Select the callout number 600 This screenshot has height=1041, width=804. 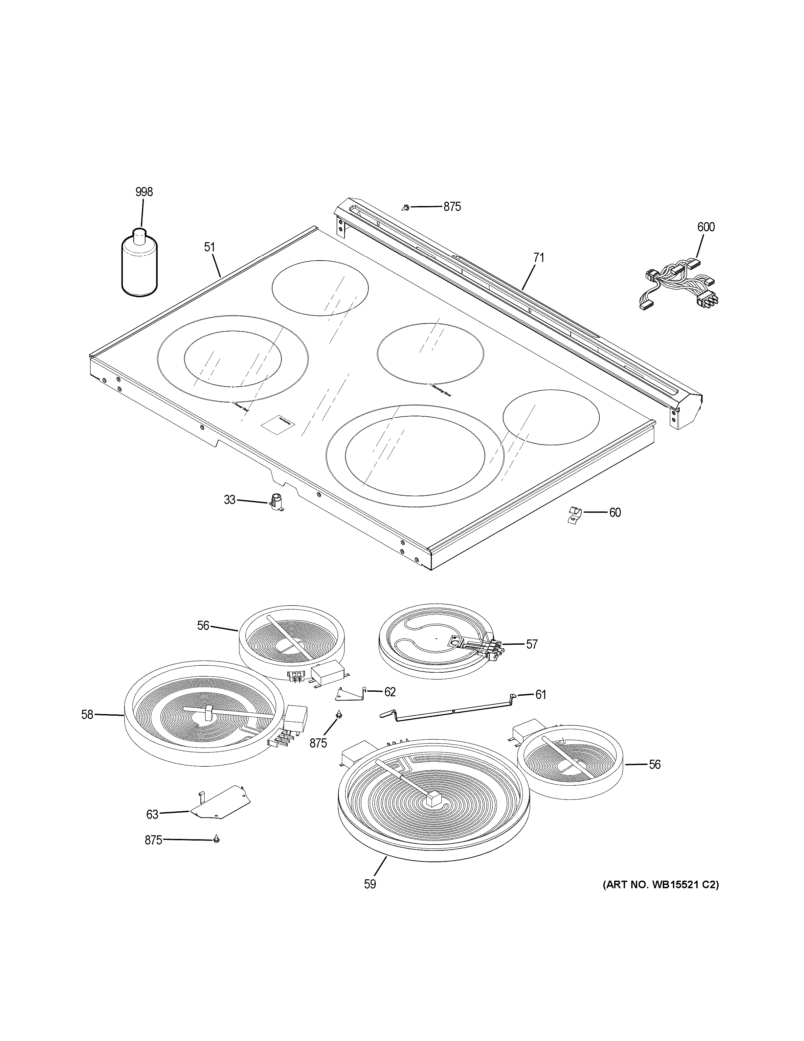(x=706, y=227)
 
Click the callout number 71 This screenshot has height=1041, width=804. (x=538, y=258)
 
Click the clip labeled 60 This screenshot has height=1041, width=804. (x=575, y=515)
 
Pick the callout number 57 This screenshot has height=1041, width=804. (x=531, y=644)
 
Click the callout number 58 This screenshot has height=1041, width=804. (x=87, y=728)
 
